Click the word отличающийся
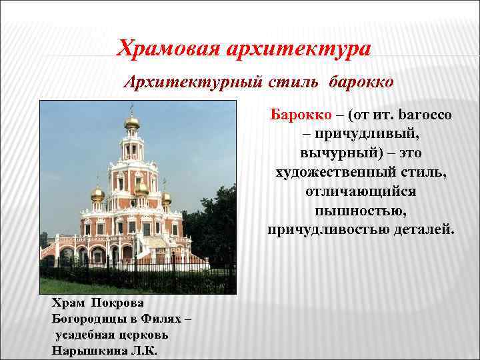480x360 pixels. [361, 192]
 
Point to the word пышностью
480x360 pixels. [361, 211]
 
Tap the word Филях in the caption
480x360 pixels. [159, 319]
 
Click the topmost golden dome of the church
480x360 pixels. [131, 122]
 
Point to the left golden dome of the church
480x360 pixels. [98, 194]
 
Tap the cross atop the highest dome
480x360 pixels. [131, 109]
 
